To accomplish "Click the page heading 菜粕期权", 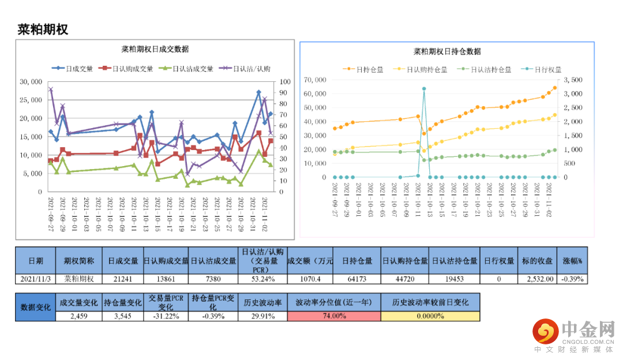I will click(x=43, y=29).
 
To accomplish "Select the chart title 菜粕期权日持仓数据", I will click(x=447, y=51).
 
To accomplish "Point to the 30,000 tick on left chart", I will click(x=31, y=82).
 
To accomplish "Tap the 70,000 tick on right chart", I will click(x=316, y=80).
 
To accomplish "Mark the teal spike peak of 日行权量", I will click(x=424, y=89).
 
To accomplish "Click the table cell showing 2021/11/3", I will click(x=35, y=279).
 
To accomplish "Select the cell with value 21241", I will click(x=123, y=279).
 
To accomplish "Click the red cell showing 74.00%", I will click(x=333, y=316).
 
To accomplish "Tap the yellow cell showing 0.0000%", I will click(x=430, y=316).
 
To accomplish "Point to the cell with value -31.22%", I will click(x=166, y=316).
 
